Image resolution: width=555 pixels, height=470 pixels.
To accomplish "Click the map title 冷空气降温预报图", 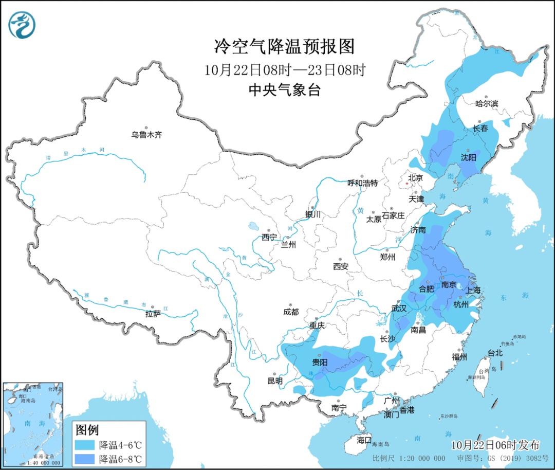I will tap(284, 47).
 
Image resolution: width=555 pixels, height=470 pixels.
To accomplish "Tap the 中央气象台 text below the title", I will tap(284, 91).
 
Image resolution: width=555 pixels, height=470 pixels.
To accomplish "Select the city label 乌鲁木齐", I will tap(146, 135).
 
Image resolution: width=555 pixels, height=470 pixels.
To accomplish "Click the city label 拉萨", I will tap(153, 313).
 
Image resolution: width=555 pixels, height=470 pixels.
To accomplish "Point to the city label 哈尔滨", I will tap(487, 104).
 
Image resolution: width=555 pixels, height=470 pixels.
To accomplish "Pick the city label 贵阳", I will tap(320, 362).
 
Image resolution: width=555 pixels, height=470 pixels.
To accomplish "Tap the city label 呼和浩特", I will tap(362, 183).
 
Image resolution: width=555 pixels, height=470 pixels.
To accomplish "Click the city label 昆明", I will tap(274, 381).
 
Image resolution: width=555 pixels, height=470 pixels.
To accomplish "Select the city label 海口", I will tap(364, 440).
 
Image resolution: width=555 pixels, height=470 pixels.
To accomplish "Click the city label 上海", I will tap(473, 291).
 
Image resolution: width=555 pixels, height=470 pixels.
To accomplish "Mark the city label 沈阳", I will tap(468, 157).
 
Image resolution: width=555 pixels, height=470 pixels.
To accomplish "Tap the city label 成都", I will tap(290, 312).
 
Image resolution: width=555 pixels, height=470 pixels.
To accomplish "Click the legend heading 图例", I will tap(87, 429).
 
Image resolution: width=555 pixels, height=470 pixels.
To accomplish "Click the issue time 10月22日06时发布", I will tap(496, 445).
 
